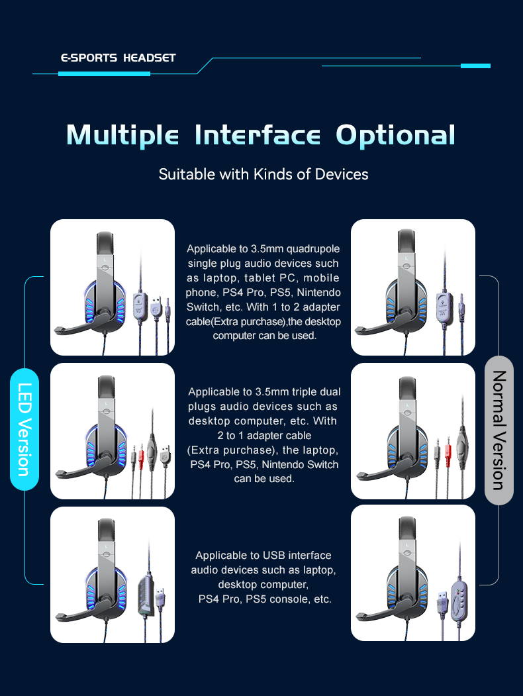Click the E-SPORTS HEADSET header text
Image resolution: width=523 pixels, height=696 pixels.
click(118, 58)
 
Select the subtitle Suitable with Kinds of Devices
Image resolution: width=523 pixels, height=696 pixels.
click(263, 174)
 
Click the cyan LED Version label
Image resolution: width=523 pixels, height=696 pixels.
click(24, 429)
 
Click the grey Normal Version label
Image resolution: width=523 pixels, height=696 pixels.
click(499, 430)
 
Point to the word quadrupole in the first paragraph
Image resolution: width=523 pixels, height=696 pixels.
click(312, 249)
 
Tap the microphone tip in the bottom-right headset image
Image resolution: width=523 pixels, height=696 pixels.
click(361, 616)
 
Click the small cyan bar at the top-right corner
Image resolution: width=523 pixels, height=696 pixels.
click(475, 66)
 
